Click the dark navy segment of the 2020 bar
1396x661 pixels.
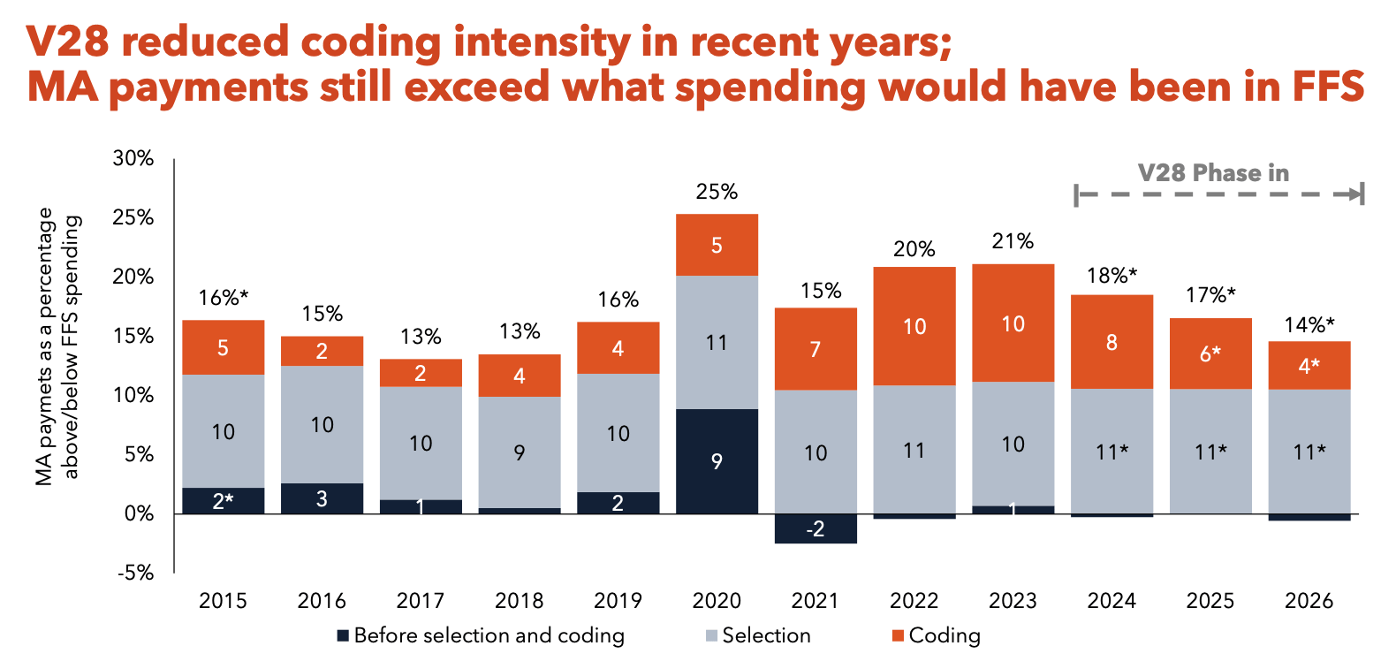point(717,460)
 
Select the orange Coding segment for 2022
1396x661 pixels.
point(914,326)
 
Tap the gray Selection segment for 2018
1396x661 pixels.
point(519,452)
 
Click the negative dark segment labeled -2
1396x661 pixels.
point(816,528)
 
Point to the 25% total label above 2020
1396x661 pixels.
point(717,192)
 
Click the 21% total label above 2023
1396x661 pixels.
point(1013,241)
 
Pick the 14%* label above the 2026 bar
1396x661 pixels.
point(1309,325)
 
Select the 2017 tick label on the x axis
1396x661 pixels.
point(420,601)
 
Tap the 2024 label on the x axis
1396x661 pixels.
point(1111,601)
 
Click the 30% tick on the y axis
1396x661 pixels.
point(133,158)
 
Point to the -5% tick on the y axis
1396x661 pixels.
point(135,573)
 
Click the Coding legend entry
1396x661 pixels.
point(937,635)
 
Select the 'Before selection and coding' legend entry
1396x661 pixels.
point(481,635)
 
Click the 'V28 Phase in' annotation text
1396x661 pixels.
point(1213,173)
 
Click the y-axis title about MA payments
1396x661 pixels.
point(57,346)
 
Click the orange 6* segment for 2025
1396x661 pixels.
point(1210,353)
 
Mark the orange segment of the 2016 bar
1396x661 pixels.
point(322,351)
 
